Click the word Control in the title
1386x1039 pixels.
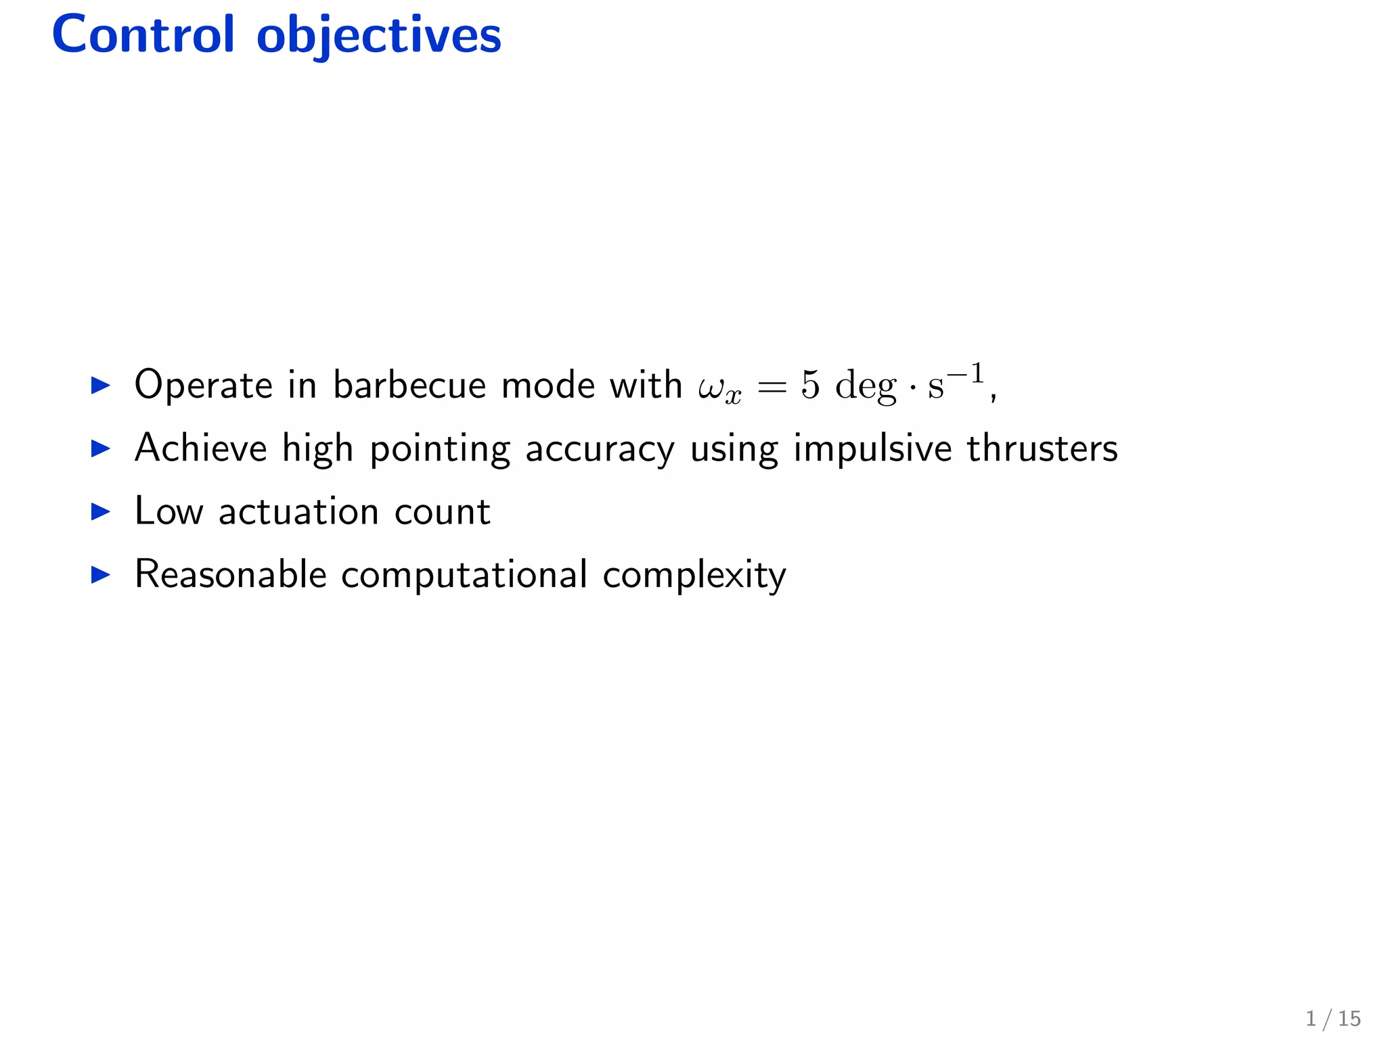pyautogui.click(x=143, y=35)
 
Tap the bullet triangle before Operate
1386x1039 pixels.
pyautogui.click(x=100, y=386)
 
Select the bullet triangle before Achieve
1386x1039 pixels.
pyautogui.click(x=100, y=448)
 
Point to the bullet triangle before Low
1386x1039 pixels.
pyautogui.click(x=100, y=512)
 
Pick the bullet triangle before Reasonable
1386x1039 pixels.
pyautogui.click(x=100, y=575)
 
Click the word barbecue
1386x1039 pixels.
pyautogui.click(x=409, y=385)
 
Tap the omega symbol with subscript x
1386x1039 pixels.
pyautogui.click(x=719, y=388)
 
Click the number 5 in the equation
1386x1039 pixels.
pyautogui.click(x=810, y=385)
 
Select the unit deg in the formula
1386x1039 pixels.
pyautogui.click(x=866, y=388)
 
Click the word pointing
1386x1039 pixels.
pyautogui.click(x=440, y=449)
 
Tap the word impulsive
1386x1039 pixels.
pyautogui.click(x=872, y=449)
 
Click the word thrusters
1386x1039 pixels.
pyautogui.click(x=1042, y=448)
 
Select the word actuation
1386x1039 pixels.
pyautogui.click(x=298, y=512)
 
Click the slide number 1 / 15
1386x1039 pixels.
pyautogui.click(x=1333, y=1019)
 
